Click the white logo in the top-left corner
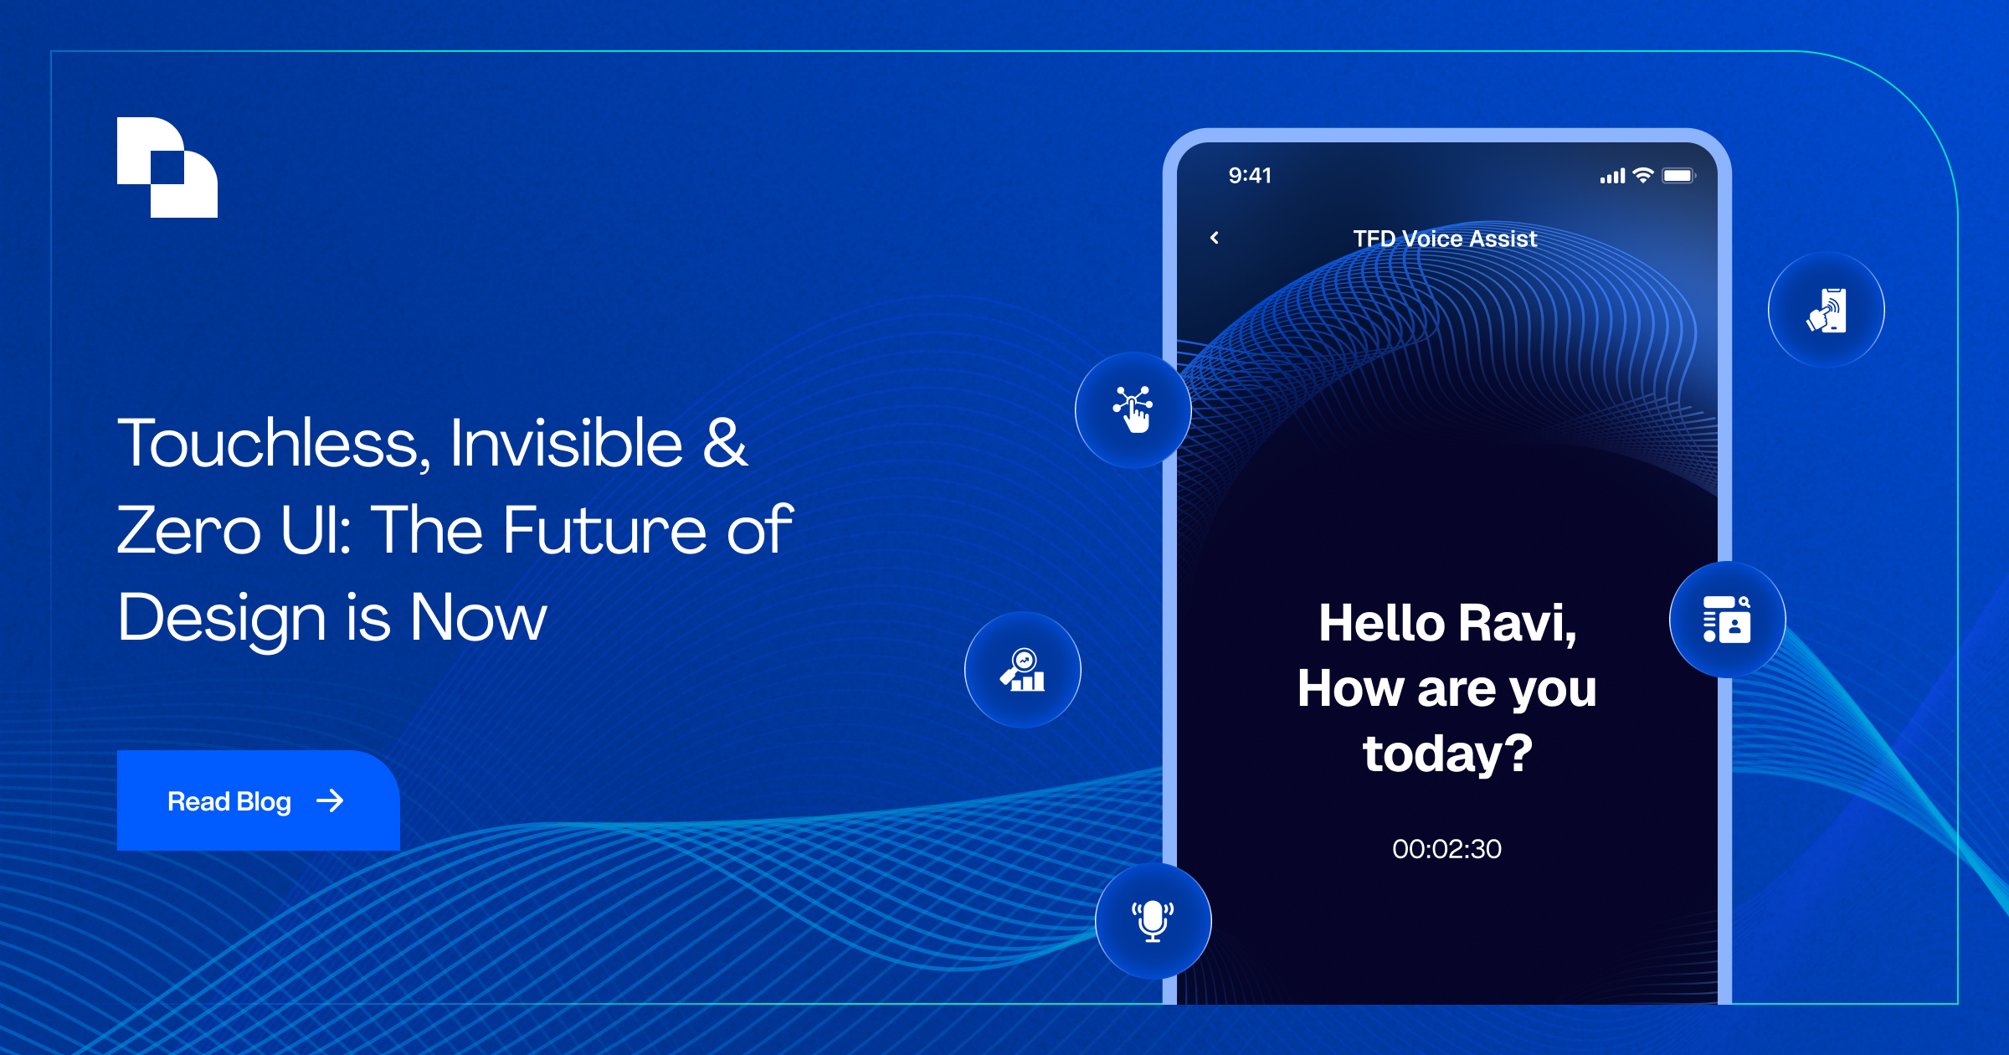tap(167, 167)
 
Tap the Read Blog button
tap(258, 800)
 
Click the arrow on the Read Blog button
tap(330, 801)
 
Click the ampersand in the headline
tap(725, 442)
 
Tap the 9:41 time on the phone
tap(1250, 175)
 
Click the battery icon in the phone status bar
tap(1679, 175)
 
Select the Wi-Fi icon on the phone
tap(1643, 175)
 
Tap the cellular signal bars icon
tap(1612, 176)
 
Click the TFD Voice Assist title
tap(1446, 239)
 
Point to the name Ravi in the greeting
tap(1517, 624)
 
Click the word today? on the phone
tap(1447, 754)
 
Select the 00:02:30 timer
tap(1446, 849)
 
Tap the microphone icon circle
tap(1153, 921)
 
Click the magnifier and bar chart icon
tap(1023, 670)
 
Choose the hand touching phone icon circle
tap(1827, 310)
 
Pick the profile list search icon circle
tap(1728, 620)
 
